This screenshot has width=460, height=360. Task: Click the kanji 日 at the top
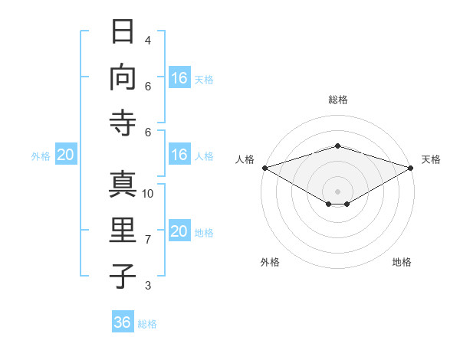point(123,31)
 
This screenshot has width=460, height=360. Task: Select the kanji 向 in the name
point(123,77)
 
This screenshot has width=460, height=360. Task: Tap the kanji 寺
point(123,123)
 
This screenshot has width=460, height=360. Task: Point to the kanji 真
point(123,185)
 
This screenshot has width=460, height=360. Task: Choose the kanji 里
point(123,230)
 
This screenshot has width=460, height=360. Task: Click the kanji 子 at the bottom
point(123,277)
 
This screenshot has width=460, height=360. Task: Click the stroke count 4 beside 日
point(148,40)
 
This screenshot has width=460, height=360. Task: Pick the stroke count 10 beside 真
point(147,194)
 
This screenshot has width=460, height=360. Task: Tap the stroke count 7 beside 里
point(148,240)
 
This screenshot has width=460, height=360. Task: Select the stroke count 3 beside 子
point(148,285)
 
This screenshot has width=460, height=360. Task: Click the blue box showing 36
point(123,321)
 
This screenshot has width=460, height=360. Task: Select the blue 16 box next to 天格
point(179,77)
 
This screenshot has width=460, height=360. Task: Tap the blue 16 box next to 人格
point(179,154)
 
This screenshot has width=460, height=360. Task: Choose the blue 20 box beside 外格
point(66,154)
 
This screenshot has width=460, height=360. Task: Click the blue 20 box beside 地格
point(179,230)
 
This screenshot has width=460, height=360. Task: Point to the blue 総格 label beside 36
point(147,324)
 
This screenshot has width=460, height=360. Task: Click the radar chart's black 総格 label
point(338,100)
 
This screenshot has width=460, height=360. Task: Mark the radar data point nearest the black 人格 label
point(265,168)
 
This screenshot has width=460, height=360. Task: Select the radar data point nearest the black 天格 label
point(411,168)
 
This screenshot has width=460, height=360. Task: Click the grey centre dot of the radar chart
point(337,191)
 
